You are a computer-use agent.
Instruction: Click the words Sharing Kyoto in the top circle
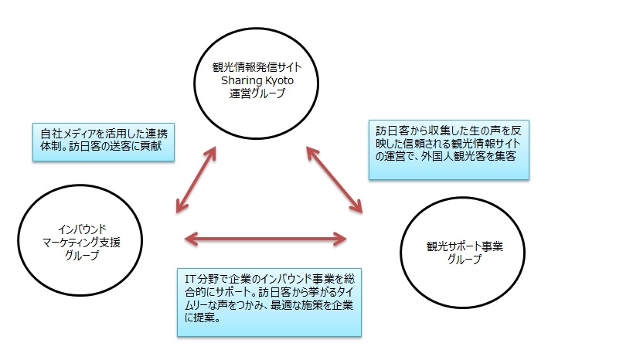click(x=257, y=80)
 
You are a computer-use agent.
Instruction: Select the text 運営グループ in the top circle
click(x=257, y=93)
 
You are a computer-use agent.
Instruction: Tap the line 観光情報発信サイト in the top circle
click(x=257, y=67)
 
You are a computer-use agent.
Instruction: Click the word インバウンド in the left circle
click(x=82, y=229)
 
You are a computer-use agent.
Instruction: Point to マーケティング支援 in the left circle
click(x=81, y=242)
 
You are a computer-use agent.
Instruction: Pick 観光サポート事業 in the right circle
click(x=465, y=246)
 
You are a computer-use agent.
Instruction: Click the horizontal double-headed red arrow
click(x=265, y=239)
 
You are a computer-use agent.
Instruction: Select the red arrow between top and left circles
click(x=196, y=179)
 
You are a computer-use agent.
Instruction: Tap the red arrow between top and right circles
click(x=334, y=179)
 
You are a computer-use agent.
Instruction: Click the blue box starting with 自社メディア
click(x=104, y=142)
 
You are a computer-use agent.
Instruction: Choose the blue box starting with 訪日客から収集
click(x=449, y=150)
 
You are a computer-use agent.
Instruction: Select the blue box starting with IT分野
click(x=269, y=302)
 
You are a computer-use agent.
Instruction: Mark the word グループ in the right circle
click(x=465, y=259)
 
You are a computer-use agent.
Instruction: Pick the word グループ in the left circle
click(x=82, y=255)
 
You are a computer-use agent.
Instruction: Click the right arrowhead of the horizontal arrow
click(x=341, y=239)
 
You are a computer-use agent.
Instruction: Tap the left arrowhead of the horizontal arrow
click(x=191, y=239)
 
